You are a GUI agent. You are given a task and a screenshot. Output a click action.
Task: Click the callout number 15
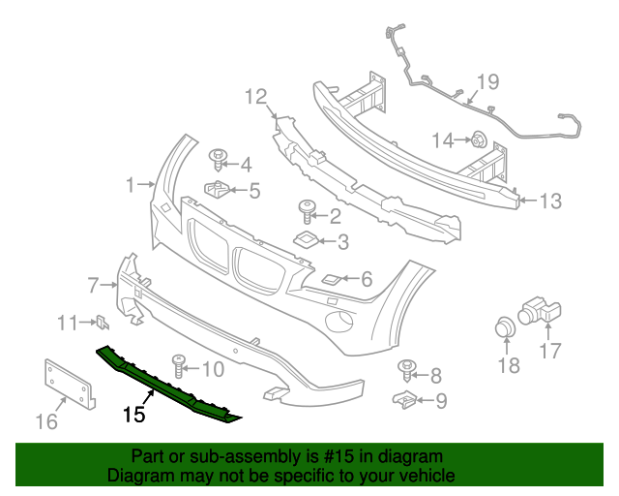tap(133, 415)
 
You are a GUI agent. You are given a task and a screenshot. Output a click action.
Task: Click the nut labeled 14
tap(478, 140)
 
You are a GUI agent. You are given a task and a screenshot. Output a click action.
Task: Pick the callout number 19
tap(486, 81)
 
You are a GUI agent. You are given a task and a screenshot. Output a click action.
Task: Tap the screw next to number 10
tap(180, 365)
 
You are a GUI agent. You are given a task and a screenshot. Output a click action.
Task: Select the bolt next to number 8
tap(407, 369)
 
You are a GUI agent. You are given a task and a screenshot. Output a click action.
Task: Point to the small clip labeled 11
tap(101, 323)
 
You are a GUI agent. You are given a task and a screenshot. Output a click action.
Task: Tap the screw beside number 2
tap(307, 207)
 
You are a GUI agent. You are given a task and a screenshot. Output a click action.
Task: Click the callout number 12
tap(254, 96)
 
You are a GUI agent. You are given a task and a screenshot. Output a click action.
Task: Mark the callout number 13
tap(549, 201)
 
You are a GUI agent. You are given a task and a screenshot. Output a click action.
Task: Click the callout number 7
tap(93, 285)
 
